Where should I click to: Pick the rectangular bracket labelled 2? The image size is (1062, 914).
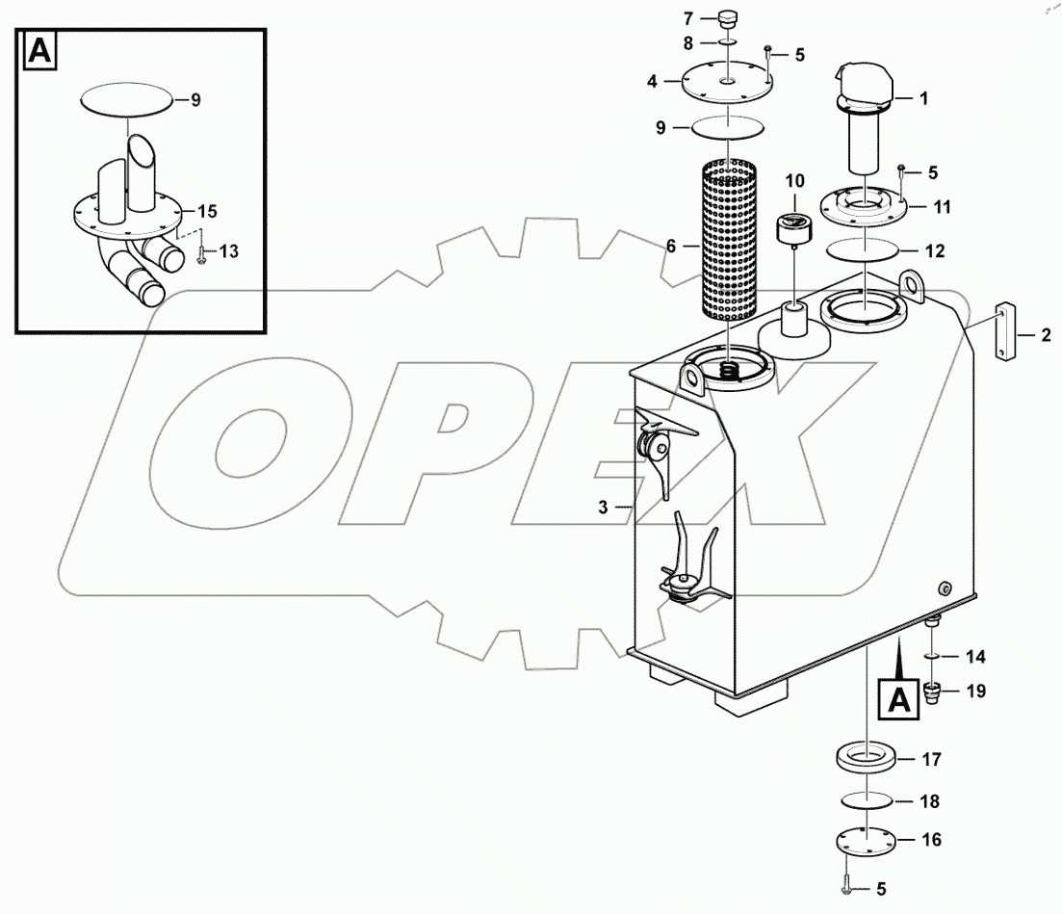[1003, 333]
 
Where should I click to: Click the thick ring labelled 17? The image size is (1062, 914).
[866, 757]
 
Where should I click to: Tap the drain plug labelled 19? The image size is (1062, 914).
[932, 692]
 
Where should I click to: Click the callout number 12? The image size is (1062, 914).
[935, 251]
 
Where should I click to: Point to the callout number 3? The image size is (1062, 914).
[603, 507]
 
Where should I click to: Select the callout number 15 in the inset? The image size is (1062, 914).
[208, 210]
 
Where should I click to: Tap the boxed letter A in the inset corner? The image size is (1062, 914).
[40, 51]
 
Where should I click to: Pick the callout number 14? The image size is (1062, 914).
[976, 657]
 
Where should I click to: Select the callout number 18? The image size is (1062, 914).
[930, 801]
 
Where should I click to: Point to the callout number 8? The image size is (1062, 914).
[687, 43]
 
